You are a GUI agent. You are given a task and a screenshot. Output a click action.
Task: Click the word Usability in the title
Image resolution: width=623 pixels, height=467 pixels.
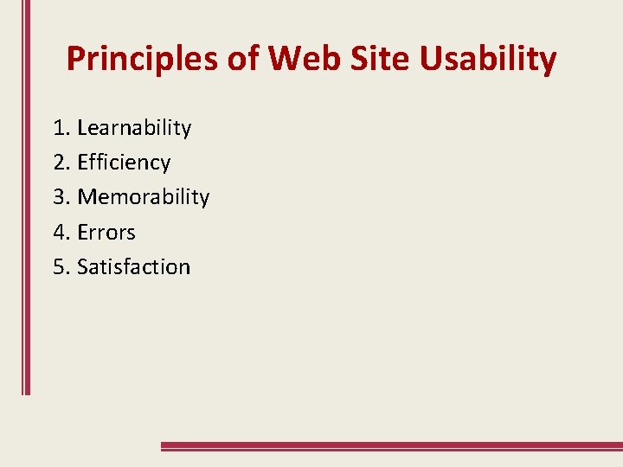(488, 60)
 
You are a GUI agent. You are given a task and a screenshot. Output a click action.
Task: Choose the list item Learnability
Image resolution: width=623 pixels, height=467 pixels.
(134, 128)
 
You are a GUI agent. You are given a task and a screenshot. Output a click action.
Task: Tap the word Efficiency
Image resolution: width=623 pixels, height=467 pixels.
(124, 163)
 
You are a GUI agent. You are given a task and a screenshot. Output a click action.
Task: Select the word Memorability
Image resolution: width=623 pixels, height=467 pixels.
(144, 197)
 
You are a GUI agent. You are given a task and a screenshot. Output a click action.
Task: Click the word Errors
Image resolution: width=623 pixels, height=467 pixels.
(106, 232)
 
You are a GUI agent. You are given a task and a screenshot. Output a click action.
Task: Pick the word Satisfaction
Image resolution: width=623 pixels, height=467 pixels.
(133, 266)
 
